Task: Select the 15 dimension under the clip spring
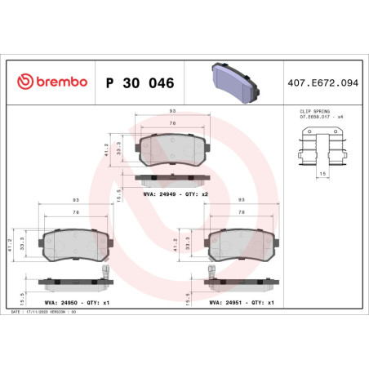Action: [324, 174]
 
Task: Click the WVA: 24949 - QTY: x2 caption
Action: [175, 194]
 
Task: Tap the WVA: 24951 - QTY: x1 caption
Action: [242, 301]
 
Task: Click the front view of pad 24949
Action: [175, 149]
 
